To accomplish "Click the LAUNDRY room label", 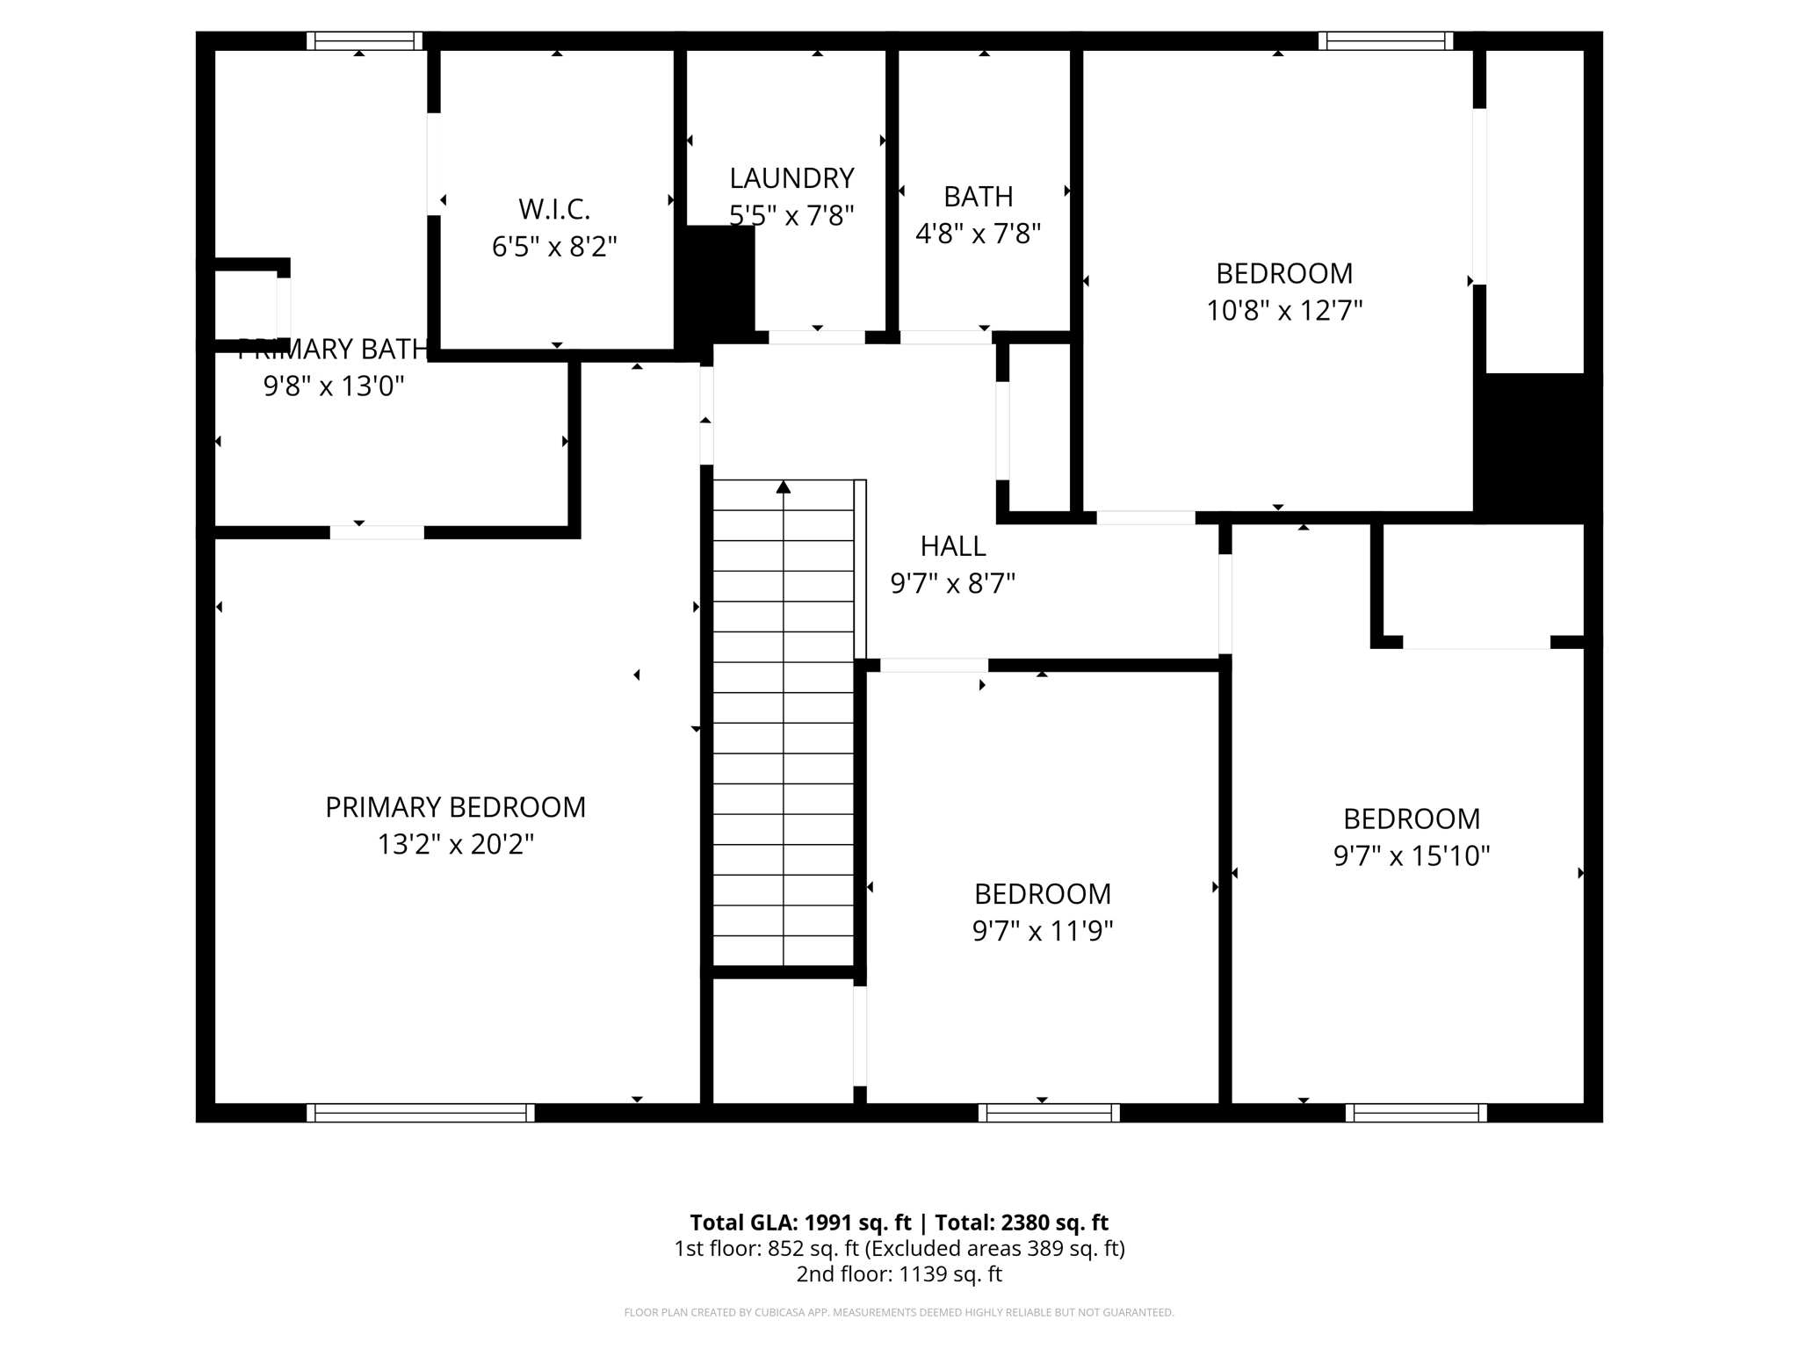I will (x=791, y=178).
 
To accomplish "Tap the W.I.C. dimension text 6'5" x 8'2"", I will (x=554, y=247).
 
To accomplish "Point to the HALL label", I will (x=953, y=546).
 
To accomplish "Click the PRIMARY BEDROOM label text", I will (x=455, y=807).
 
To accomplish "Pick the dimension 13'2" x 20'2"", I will (x=455, y=845).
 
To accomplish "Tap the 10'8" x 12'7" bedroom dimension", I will (x=1283, y=311).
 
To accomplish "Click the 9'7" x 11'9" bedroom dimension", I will (x=1042, y=931).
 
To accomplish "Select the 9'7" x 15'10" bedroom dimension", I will (x=1412, y=856).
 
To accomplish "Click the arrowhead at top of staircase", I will (x=784, y=487).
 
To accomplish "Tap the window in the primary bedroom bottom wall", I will (x=421, y=1113).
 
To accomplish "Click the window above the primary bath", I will (x=365, y=40).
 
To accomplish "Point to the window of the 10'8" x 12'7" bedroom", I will (x=1385, y=40).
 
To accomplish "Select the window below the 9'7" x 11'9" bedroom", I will (x=1049, y=1113).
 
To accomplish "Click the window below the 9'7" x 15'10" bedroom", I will (x=1416, y=1113).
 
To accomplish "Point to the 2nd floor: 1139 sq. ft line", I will (x=899, y=1274).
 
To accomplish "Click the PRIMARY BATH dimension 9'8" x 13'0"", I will (x=334, y=386).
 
